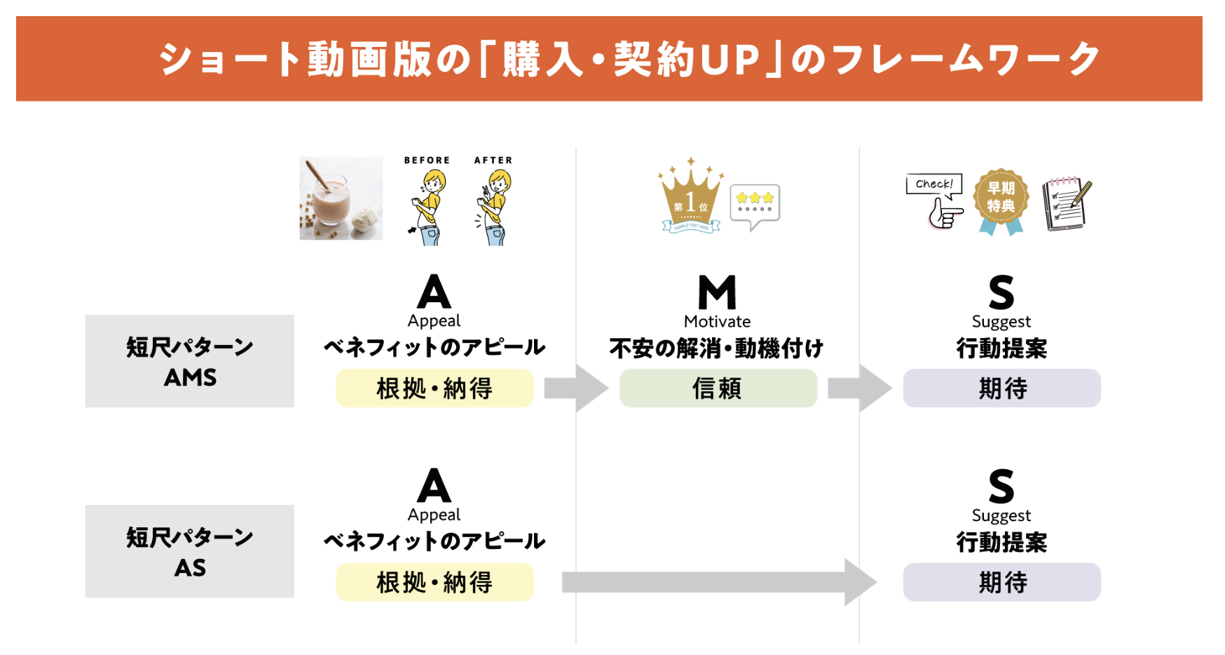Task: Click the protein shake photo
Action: pyautogui.click(x=341, y=198)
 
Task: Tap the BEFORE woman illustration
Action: pyautogui.click(x=427, y=207)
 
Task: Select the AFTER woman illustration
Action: pyautogui.click(x=495, y=207)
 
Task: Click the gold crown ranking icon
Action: pyautogui.click(x=690, y=197)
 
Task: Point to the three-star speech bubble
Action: pyautogui.click(x=755, y=204)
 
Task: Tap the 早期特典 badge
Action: pyautogui.click(x=1001, y=201)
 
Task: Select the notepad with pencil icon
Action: pyautogui.click(x=1066, y=203)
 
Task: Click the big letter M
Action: pyautogui.click(x=717, y=292)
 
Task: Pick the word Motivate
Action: pyautogui.click(x=717, y=321)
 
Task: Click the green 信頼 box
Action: pyautogui.click(x=718, y=388)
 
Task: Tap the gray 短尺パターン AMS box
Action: pyautogui.click(x=190, y=361)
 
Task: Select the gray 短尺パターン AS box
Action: pyautogui.click(x=190, y=551)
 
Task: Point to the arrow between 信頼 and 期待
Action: pyautogui.click(x=859, y=388)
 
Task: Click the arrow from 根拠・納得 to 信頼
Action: pyautogui.click(x=575, y=388)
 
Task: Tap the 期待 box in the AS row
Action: pyautogui.click(x=1001, y=582)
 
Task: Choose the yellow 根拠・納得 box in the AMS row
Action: pyautogui.click(x=434, y=388)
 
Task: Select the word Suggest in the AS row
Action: pyautogui.click(x=1001, y=515)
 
